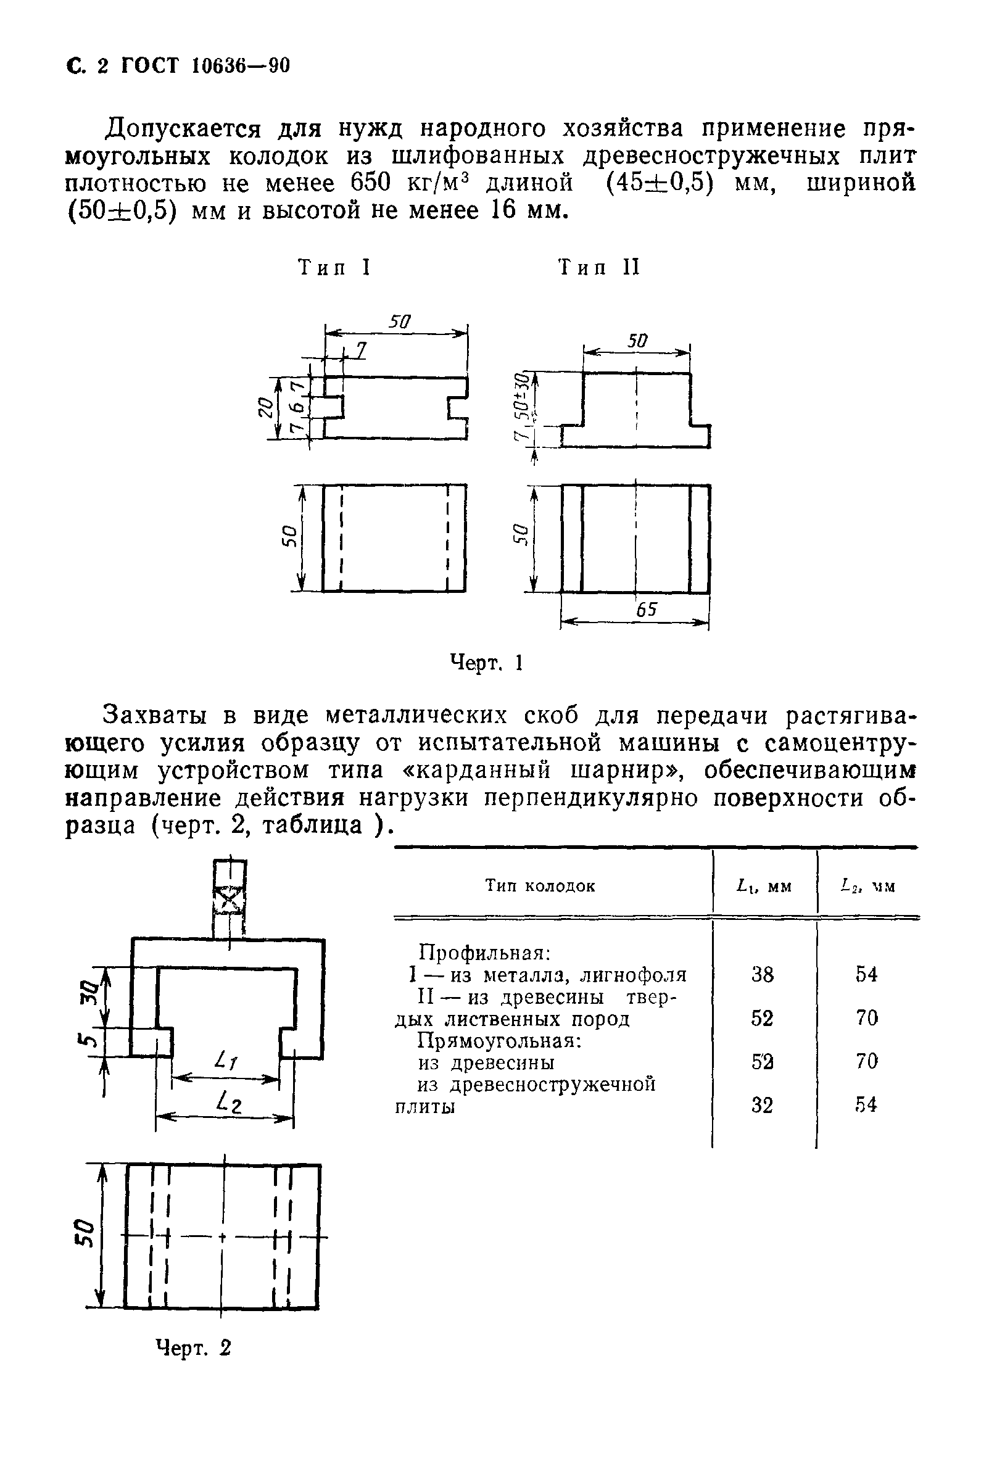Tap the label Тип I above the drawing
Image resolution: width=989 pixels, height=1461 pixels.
click(334, 268)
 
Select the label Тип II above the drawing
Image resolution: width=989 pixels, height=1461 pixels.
click(599, 268)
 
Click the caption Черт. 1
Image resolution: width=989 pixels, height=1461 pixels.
click(487, 663)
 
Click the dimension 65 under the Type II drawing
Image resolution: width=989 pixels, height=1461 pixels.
click(647, 609)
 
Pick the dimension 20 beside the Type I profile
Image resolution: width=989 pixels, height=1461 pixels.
click(267, 408)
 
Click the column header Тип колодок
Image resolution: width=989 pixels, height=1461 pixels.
click(539, 887)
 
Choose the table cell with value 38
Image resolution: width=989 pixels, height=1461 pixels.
click(763, 975)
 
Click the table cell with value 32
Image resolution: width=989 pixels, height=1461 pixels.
click(763, 1105)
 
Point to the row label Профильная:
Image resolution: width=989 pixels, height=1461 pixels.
click(484, 953)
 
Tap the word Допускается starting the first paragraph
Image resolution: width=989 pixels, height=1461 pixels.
click(183, 129)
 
